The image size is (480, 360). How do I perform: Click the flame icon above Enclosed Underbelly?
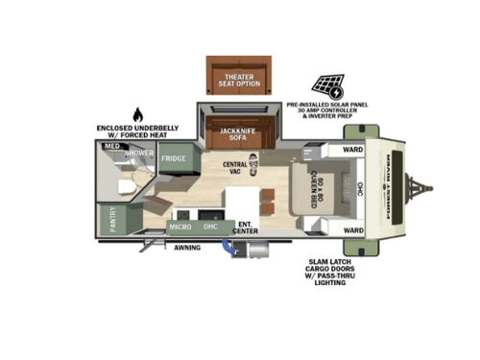(136, 115)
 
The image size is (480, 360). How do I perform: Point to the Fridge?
(173, 158)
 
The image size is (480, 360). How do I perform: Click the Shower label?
(140, 154)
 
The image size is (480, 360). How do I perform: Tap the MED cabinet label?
(111, 147)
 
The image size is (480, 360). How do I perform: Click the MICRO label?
(180, 227)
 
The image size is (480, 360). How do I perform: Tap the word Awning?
(187, 247)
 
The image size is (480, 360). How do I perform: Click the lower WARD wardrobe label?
(353, 230)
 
